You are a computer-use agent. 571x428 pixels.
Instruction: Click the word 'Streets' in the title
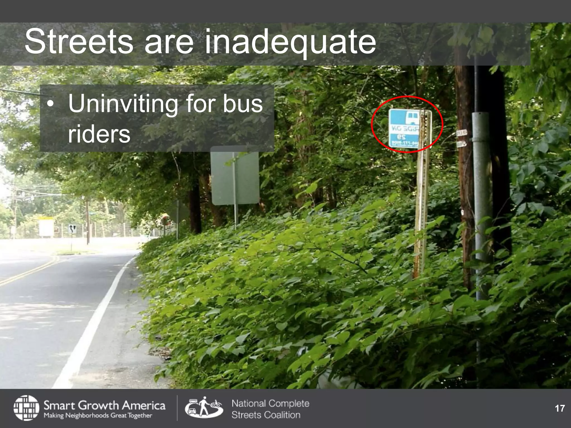coord(79,42)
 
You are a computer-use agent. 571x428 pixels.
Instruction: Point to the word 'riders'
coord(99,134)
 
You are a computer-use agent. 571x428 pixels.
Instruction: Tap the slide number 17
coord(560,408)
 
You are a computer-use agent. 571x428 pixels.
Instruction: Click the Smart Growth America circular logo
coord(26,408)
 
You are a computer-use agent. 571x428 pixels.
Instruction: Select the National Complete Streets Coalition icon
coord(204,408)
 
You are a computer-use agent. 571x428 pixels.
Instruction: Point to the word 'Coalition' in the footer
coord(283,415)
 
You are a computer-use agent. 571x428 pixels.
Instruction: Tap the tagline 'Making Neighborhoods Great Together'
coord(98,415)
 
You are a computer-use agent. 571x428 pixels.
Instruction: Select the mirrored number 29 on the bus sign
coord(401,137)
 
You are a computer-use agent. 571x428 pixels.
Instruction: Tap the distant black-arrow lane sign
coord(72,229)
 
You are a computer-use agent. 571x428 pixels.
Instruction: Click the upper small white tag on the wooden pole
coord(462,133)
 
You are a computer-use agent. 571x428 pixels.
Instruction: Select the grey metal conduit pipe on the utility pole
coord(482,195)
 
